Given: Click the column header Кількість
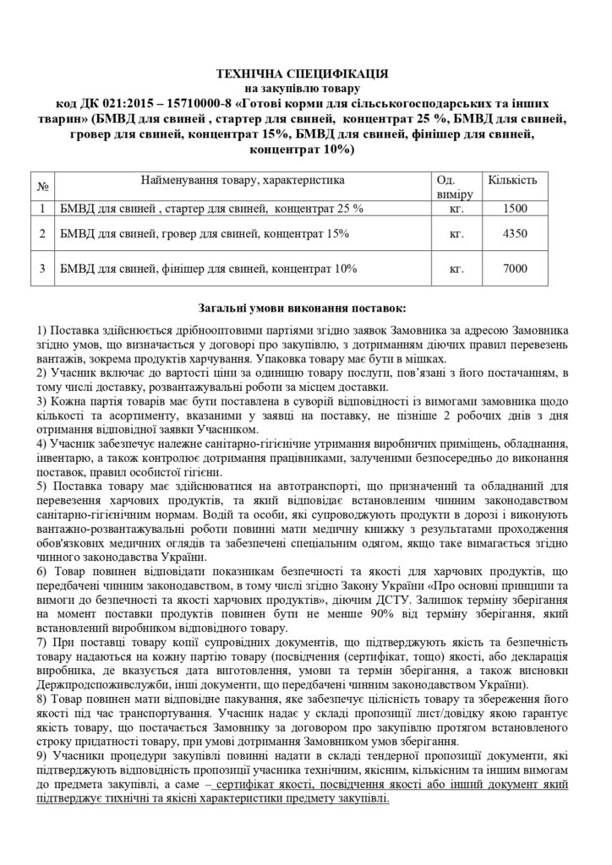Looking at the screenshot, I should point(513,181).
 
